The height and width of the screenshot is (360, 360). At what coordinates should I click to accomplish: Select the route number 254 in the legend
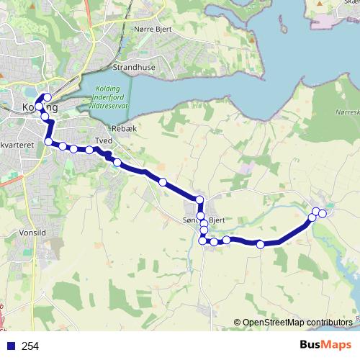(x=30, y=346)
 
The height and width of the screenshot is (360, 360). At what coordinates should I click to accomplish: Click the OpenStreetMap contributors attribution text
(x=297, y=322)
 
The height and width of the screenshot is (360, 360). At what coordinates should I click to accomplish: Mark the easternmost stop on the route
(x=323, y=213)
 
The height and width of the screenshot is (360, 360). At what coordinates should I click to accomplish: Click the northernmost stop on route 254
(x=48, y=97)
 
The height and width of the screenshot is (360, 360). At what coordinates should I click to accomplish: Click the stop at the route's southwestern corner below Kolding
(x=48, y=142)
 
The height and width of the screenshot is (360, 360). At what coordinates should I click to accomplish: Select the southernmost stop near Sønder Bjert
(x=202, y=240)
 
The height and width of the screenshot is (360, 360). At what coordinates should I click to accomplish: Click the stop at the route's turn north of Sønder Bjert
(x=199, y=199)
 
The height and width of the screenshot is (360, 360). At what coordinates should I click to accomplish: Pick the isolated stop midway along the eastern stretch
(x=260, y=245)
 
